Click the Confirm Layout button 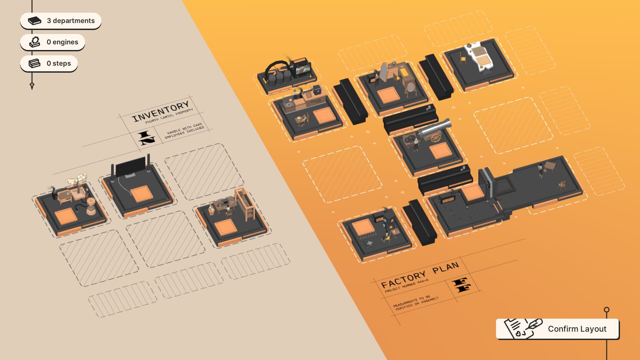tap(557, 329)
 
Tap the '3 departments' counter tap(61, 21)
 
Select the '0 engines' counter tap(53, 42)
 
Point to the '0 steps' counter tap(49, 63)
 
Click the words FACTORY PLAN tap(420, 275)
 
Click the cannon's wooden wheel tap(436, 138)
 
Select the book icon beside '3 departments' tap(34, 21)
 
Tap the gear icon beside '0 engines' tap(35, 42)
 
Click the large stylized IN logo tap(146, 138)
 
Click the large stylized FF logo tap(461, 285)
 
